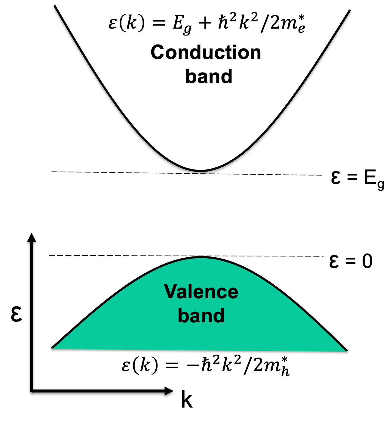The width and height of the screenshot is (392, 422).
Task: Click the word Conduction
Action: (206, 53)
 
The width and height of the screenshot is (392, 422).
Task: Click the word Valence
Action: (201, 292)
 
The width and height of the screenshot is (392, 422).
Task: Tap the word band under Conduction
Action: (209, 76)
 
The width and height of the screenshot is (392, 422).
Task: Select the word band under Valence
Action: (201, 315)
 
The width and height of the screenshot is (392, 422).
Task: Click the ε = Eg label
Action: (357, 178)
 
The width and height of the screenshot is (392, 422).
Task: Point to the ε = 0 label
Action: (351, 261)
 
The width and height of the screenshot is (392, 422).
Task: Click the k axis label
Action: (187, 400)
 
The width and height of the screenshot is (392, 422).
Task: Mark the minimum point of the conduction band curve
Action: (201, 171)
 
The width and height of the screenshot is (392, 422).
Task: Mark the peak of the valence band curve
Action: (201, 257)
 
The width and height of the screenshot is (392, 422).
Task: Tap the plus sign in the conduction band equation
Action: (205, 23)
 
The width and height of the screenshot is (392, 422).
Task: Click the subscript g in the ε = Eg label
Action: (380, 184)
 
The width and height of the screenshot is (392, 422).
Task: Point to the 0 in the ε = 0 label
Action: (367, 261)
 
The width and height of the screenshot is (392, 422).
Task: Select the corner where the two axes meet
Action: (32, 391)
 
